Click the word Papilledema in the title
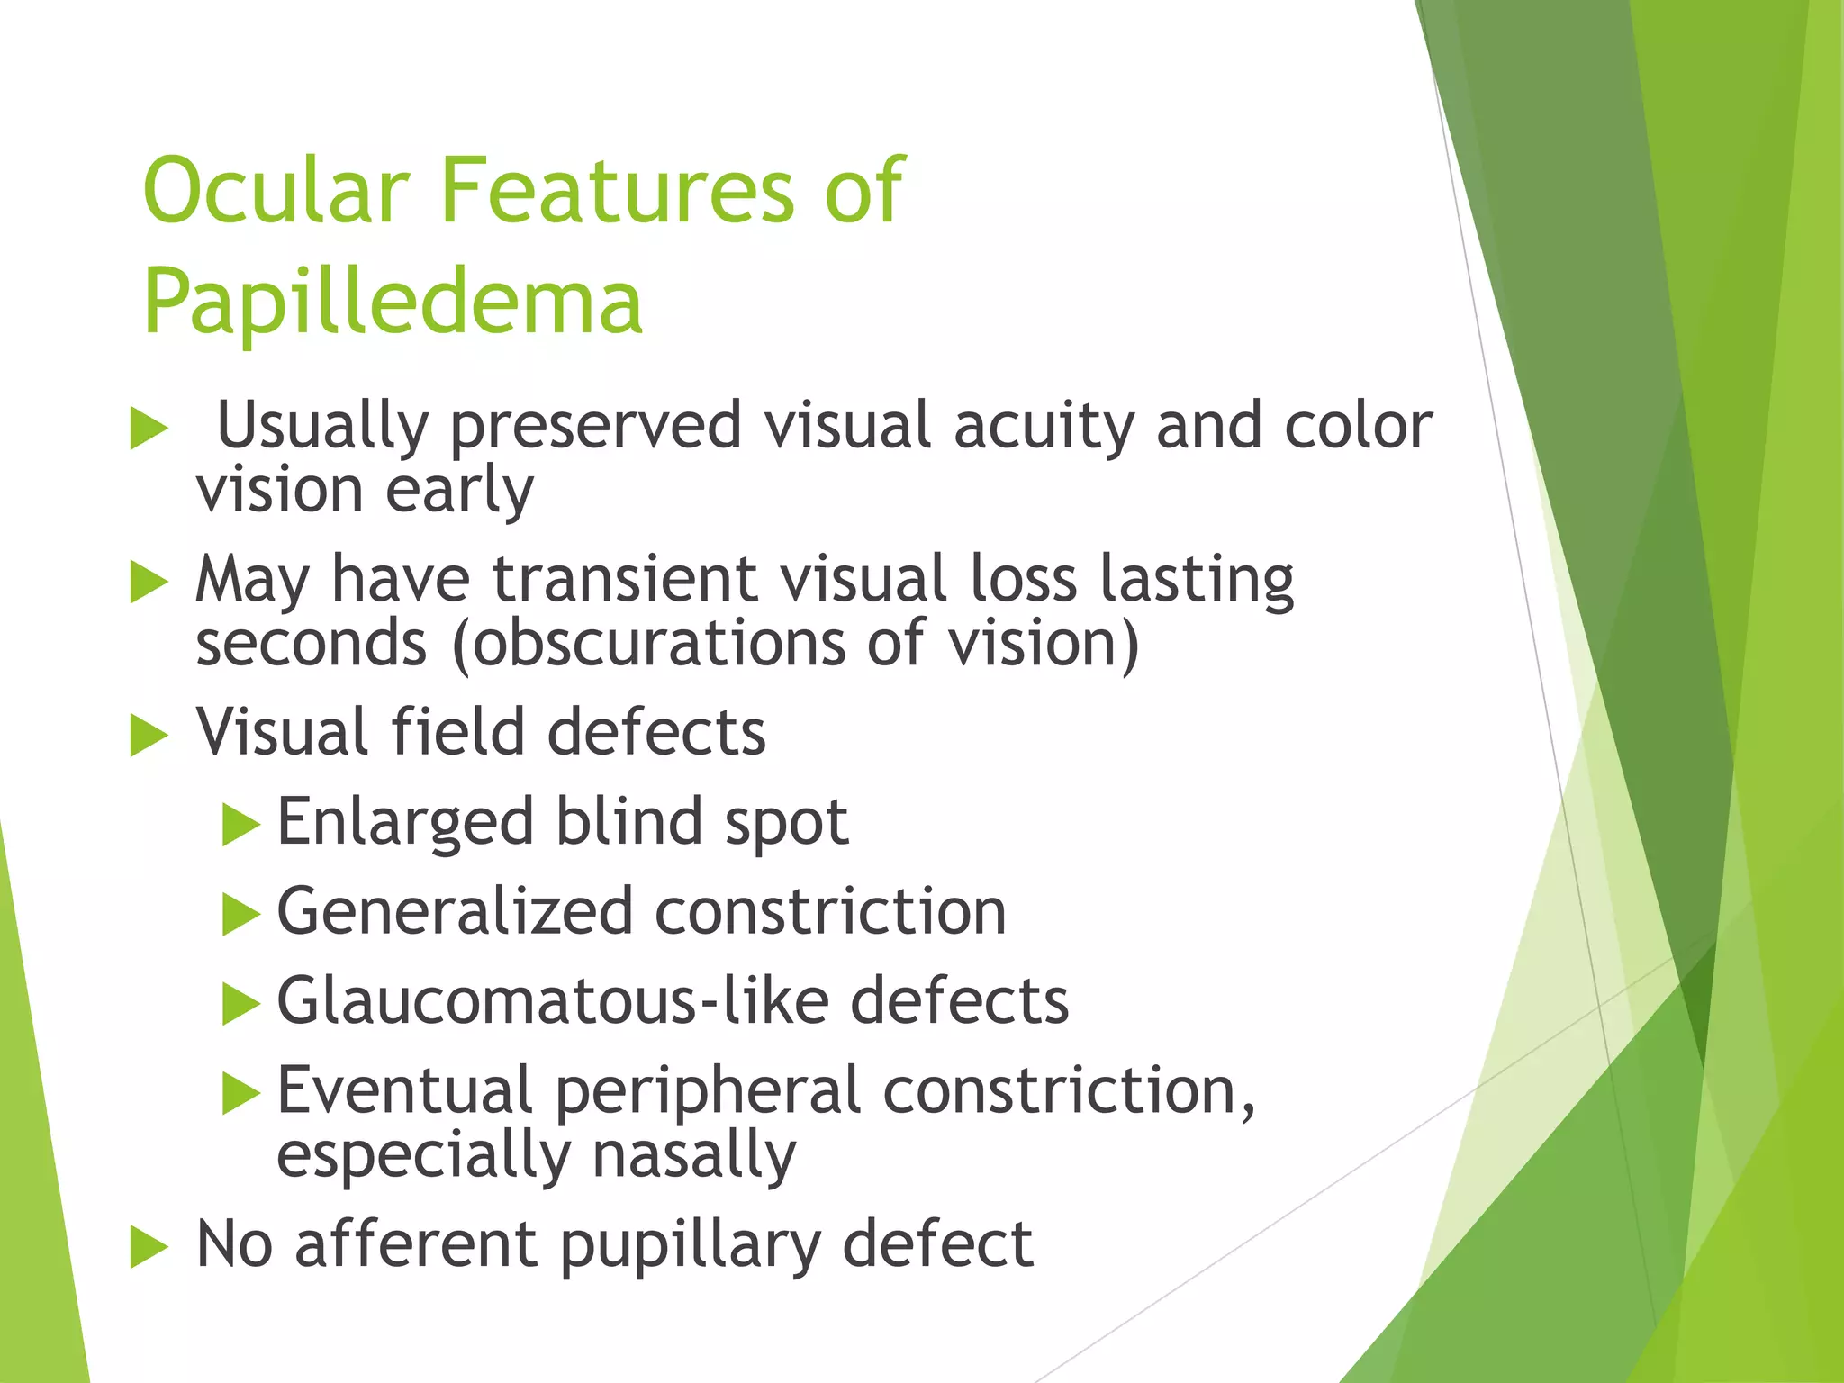393,303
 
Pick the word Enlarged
405,823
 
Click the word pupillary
690,1246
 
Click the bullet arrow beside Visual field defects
149,735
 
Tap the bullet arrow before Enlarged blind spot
240,825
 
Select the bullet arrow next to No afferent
149,1247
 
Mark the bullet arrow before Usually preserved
149,429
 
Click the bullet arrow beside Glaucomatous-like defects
240,1004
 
